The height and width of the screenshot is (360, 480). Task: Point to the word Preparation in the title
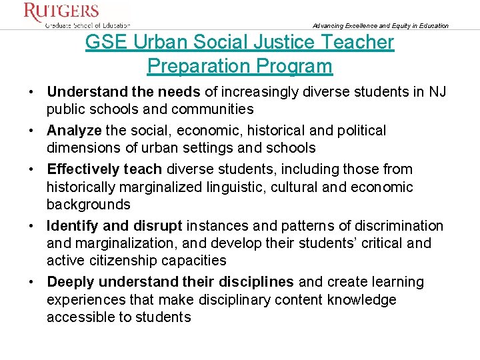201,66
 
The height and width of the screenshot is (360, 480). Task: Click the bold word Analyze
74,130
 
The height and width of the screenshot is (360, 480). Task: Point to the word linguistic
235,187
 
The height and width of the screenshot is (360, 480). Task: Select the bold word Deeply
73,282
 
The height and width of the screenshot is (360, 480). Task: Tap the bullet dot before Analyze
33,130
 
